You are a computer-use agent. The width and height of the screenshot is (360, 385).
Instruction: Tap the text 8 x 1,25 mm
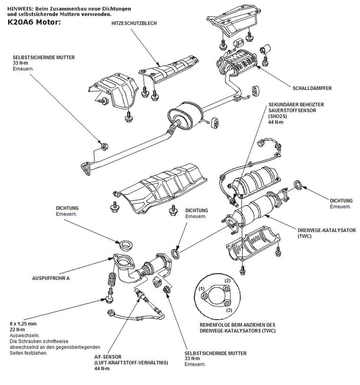pos(24,324)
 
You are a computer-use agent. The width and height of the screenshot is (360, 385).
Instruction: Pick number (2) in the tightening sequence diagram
pos(228,281)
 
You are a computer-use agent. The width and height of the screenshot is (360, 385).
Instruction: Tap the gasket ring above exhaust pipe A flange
pos(124,242)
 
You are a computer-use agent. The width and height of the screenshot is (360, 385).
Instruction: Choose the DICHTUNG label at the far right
pos(341,201)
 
